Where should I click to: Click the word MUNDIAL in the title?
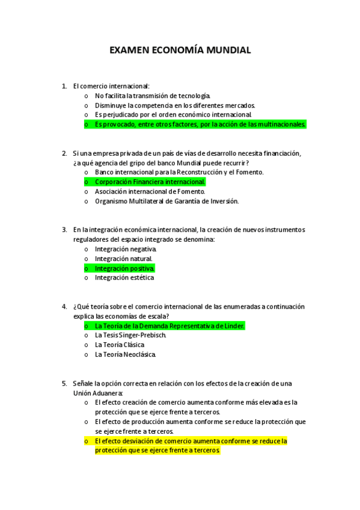pos(228,51)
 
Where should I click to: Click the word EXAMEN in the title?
pos(129,51)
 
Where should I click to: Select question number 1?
pos(64,86)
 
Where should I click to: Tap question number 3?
pos(64,230)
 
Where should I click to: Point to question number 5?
pos(64,383)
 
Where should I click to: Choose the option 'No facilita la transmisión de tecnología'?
pos(153,96)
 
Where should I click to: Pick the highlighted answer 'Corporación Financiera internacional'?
pos(150,182)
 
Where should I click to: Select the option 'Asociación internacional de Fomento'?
pos(150,191)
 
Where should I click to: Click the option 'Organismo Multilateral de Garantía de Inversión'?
pos(166,201)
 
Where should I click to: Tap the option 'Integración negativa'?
pos(126,249)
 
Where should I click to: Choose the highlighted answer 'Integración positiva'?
pos(124,268)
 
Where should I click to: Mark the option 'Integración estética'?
pos(124,278)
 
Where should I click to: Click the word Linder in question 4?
pos(234,326)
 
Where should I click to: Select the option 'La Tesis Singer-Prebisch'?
pos(130,336)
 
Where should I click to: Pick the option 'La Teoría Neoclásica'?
pos(125,355)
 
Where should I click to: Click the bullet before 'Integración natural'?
pos(87,259)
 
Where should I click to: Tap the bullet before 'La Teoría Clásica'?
pos(87,345)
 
